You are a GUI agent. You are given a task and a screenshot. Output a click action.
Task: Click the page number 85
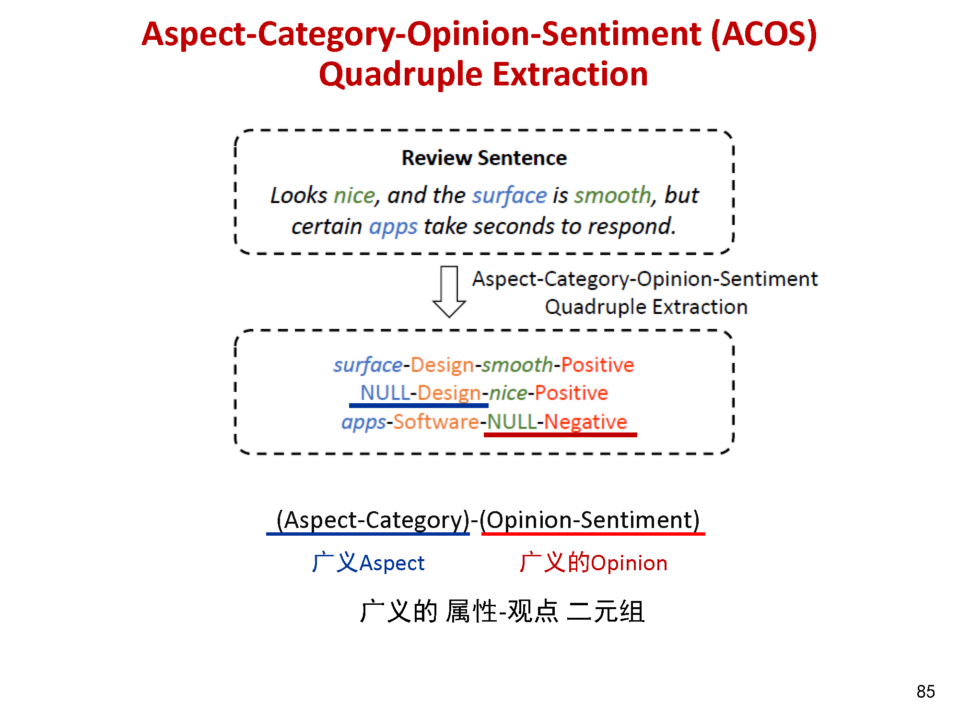925,691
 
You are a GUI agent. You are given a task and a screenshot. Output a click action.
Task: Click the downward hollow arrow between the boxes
449,291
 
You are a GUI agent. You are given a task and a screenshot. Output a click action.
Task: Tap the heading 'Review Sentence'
484,158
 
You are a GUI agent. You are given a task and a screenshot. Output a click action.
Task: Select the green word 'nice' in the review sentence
354,195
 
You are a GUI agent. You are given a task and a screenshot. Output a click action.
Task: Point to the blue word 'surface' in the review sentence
509,195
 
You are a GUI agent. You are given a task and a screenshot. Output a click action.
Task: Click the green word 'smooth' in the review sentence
613,195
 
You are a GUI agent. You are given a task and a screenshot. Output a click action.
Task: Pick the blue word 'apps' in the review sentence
393,227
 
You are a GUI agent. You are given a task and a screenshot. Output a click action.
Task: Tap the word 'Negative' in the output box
585,422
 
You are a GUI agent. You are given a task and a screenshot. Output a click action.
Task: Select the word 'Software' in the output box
436,422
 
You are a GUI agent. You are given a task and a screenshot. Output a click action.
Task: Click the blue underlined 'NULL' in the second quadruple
385,393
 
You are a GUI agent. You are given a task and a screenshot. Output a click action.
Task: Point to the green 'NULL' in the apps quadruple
512,422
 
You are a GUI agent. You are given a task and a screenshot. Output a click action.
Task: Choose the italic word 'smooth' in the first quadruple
517,365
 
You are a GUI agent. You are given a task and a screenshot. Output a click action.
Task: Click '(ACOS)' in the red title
764,35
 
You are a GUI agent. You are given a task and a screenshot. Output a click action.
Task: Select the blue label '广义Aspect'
368,563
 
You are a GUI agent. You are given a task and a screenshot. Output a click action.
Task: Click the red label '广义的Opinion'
593,563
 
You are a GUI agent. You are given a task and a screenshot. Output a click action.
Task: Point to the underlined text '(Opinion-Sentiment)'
590,520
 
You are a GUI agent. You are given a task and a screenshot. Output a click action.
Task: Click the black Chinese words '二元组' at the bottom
606,612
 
